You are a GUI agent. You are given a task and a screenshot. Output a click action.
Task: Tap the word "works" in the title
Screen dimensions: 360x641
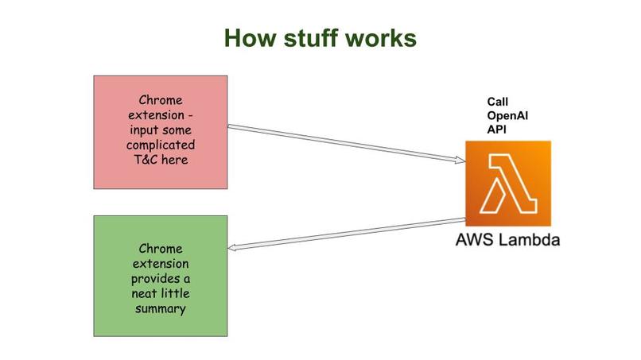click(x=381, y=38)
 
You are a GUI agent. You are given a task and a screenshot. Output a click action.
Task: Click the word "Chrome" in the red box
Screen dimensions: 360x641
click(x=161, y=101)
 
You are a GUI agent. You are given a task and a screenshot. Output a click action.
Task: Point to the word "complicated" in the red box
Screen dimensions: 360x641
click(x=161, y=146)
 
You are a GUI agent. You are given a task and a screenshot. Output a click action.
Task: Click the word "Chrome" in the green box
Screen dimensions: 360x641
click(x=161, y=247)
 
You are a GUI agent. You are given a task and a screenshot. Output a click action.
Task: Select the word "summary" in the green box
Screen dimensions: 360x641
click(x=161, y=308)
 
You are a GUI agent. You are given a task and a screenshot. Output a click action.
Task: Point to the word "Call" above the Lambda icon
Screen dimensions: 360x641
click(x=498, y=103)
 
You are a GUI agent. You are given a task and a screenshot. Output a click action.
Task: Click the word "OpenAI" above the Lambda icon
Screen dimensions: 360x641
click(x=507, y=116)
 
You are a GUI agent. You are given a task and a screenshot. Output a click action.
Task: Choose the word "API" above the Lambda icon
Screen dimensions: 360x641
click(x=497, y=130)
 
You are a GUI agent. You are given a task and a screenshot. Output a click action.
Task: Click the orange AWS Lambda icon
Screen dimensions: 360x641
click(x=508, y=184)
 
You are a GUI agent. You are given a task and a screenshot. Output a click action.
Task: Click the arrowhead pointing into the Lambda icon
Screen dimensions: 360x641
click(x=460, y=161)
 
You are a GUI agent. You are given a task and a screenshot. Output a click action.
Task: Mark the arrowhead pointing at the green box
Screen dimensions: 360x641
click(x=233, y=249)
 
